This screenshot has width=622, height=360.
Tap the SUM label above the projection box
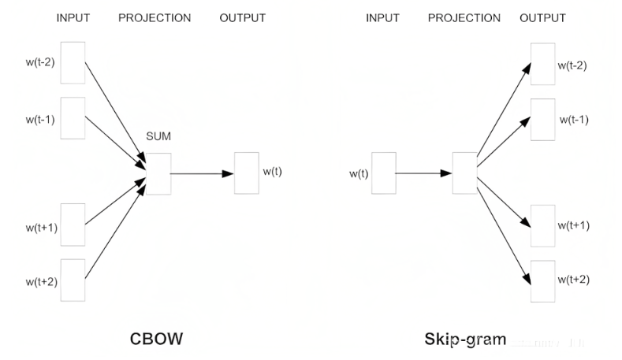pyautogui.click(x=158, y=137)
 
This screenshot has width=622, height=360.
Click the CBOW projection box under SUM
pyautogui.click(x=158, y=173)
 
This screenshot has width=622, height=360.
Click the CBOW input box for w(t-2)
pyautogui.click(x=72, y=62)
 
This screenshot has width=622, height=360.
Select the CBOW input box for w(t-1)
pyautogui.click(x=72, y=117)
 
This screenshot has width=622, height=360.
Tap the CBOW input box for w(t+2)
pyautogui.click(x=72, y=280)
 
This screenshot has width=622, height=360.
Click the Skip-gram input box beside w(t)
pyautogui.click(x=383, y=173)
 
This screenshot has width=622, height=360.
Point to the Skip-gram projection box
pyautogui.click(x=464, y=173)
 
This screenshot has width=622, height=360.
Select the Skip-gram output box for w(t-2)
pyautogui.click(x=542, y=64)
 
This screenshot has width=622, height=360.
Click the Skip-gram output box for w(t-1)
pyautogui.click(x=542, y=120)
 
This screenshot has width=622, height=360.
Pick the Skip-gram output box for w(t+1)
pyautogui.click(x=542, y=225)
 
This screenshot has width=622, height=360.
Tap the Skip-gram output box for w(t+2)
pyautogui.click(x=542, y=280)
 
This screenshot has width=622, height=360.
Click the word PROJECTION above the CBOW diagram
pyautogui.click(x=155, y=18)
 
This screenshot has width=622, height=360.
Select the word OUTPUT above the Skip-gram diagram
pyautogui.click(x=542, y=18)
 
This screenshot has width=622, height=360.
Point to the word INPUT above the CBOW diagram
pyautogui.click(x=73, y=18)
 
